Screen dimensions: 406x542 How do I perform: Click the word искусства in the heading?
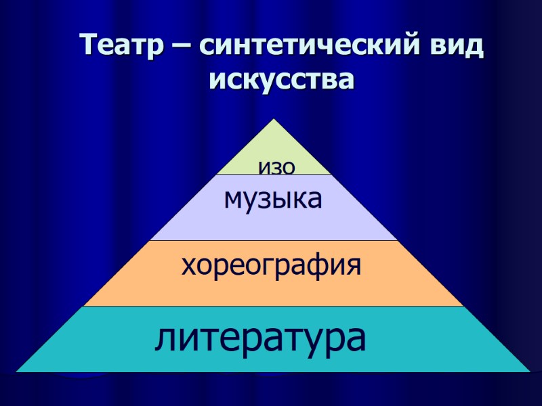click(x=282, y=80)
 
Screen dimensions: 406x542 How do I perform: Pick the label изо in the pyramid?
click(x=276, y=166)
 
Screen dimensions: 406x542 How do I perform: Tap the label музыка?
click(x=273, y=200)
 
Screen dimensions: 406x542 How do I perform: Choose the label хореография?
click(x=271, y=265)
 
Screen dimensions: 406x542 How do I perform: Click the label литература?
click(x=261, y=338)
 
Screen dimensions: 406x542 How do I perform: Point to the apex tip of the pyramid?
click(x=274, y=120)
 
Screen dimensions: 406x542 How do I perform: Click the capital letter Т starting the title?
click(x=88, y=46)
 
